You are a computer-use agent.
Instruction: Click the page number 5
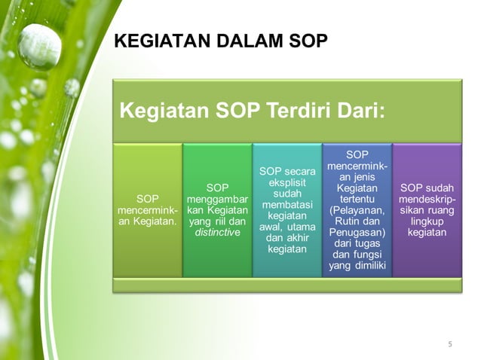[450, 345]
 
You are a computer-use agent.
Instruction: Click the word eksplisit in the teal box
[286, 183]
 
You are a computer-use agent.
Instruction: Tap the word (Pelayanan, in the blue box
[357, 210]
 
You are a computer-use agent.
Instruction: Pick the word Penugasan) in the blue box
[357, 233]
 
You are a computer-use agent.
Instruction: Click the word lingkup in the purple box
[427, 222]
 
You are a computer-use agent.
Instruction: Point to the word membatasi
[286, 206]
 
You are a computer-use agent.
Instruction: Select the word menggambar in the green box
[217, 199]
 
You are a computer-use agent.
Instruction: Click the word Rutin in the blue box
[346, 222]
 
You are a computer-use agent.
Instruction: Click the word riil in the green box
[219, 222]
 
